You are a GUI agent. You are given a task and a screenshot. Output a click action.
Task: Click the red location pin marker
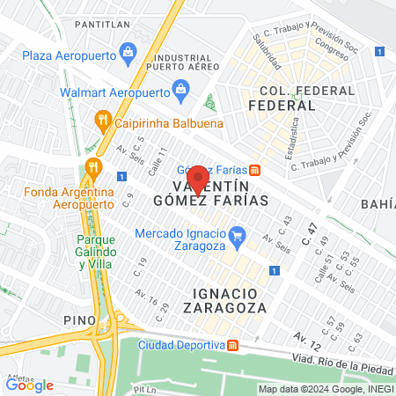point(198,179)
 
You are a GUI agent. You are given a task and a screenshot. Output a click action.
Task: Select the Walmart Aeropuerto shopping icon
point(181,89)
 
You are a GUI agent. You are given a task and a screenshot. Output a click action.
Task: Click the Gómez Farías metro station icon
point(254,170)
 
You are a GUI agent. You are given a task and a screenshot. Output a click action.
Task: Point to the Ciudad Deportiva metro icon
point(232,344)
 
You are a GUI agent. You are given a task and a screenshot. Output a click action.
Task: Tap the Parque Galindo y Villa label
point(85,251)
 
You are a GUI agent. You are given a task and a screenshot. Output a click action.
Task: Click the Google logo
point(29,385)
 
